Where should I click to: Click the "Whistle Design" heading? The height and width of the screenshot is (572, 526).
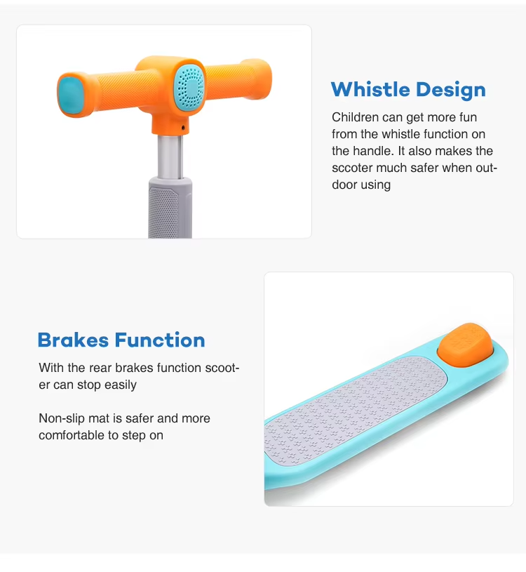click(408, 90)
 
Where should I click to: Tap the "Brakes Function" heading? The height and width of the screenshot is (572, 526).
click(121, 340)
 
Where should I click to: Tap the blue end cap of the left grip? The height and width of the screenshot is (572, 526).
click(71, 95)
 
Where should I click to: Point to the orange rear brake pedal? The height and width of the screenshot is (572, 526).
click(466, 344)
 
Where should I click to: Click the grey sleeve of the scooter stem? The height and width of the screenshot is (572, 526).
click(170, 207)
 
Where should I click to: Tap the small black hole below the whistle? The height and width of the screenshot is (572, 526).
click(183, 128)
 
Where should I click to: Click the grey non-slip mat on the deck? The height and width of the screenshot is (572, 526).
click(356, 411)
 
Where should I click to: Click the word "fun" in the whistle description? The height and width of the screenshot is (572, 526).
click(468, 117)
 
